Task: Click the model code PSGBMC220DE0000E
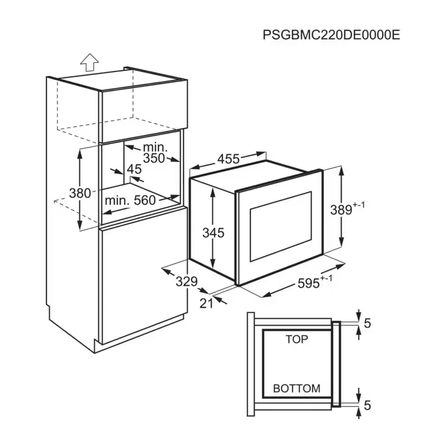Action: (331, 35)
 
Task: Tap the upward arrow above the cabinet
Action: (89, 62)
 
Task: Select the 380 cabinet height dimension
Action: (79, 193)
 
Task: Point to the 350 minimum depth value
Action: (154, 158)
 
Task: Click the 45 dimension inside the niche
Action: (134, 169)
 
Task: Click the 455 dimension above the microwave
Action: (229, 159)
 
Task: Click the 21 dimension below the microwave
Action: (207, 302)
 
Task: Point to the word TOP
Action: (296, 339)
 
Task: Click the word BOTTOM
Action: (296, 388)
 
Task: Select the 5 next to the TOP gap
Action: (367, 323)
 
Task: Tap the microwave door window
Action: (279, 226)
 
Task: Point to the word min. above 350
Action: (153, 146)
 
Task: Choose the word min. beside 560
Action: (117, 200)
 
